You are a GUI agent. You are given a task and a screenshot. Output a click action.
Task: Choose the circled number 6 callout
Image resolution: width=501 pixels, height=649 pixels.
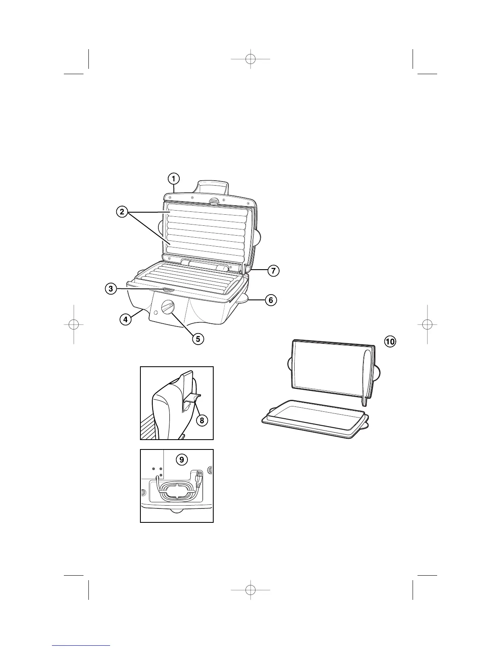tap(271, 300)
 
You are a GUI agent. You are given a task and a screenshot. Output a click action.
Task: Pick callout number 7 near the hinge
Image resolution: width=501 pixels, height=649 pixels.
tap(273, 270)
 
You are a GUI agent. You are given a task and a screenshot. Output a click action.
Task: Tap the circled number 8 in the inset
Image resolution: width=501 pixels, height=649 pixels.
tap(201, 420)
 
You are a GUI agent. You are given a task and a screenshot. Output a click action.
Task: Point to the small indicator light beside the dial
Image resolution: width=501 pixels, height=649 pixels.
tap(156, 313)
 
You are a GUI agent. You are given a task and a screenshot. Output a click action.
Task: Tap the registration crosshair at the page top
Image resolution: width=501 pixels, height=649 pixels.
tap(250, 59)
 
